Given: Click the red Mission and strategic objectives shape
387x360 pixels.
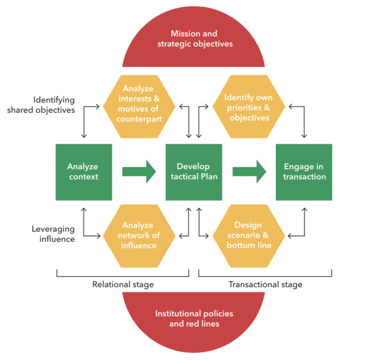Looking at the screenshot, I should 193,40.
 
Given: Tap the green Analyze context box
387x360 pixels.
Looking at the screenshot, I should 83,172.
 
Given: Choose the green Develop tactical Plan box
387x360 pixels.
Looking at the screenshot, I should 193,172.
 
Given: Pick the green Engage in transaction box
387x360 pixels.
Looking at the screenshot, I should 304,172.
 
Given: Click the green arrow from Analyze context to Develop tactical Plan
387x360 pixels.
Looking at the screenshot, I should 139,171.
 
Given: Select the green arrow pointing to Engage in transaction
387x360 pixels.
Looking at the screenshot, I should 249,171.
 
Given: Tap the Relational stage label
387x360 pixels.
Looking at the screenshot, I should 123,284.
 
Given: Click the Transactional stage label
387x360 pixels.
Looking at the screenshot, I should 266,284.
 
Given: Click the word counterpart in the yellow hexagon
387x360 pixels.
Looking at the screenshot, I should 139,119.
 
